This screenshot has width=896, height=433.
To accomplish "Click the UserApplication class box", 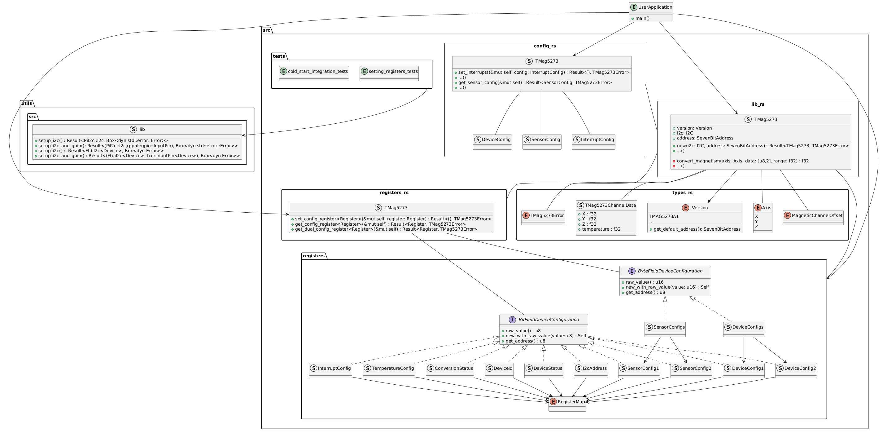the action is [x=651, y=12].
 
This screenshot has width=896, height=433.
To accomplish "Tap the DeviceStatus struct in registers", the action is [x=544, y=370].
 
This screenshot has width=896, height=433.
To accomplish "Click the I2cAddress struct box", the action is [x=591, y=370].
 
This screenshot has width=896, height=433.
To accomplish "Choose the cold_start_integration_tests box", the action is [x=314, y=73].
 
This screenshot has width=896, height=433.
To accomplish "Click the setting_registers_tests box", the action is [x=389, y=73].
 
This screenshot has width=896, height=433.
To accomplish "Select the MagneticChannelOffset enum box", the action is [x=813, y=218].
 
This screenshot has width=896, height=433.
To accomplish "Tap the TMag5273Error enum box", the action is [x=543, y=218].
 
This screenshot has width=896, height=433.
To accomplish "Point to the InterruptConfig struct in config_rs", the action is [x=593, y=142].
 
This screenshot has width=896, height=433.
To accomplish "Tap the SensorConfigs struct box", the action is [x=665, y=329].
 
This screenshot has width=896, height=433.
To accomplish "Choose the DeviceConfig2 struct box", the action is [x=796, y=370].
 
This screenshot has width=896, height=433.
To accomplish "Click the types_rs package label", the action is [x=682, y=192].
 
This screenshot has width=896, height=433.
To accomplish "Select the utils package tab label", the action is [x=26, y=103].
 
